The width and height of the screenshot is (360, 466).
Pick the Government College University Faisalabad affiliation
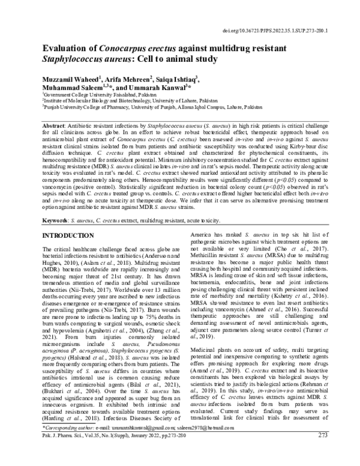point(99,96)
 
